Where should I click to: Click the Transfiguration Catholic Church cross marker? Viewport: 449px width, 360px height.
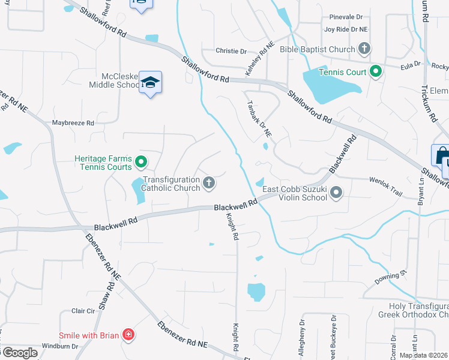[x=209, y=182]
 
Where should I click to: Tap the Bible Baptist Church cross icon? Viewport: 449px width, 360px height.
[x=364, y=48]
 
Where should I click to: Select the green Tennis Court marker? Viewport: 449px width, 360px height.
[x=376, y=72]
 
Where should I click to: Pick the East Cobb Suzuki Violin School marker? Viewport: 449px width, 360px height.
[x=336, y=193]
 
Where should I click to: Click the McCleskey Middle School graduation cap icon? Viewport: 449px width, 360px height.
[x=150, y=83]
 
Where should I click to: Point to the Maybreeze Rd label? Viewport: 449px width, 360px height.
[x=73, y=122]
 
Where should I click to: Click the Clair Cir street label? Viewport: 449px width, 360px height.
[x=83, y=311]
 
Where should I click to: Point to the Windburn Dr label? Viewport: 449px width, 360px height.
[x=60, y=346]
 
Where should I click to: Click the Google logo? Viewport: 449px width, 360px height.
[x=20, y=353]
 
